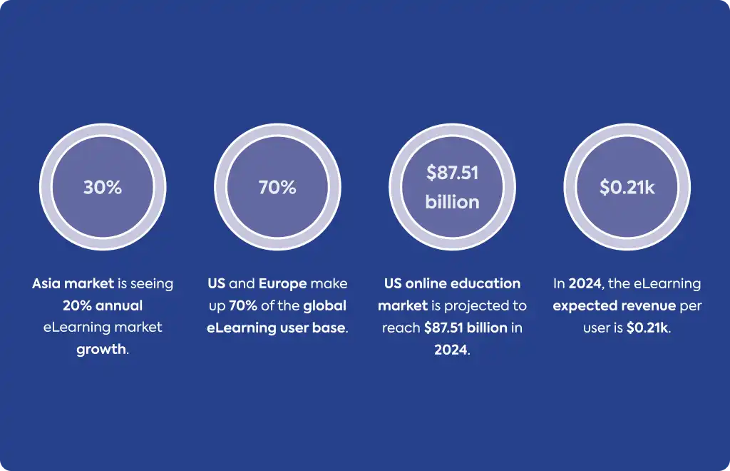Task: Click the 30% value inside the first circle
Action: pyautogui.click(x=103, y=187)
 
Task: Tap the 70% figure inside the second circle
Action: pyautogui.click(x=277, y=187)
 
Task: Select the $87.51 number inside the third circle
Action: pyautogui.click(x=452, y=173)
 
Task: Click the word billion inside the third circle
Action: pyautogui.click(x=452, y=202)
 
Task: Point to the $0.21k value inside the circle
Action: pyautogui.click(x=627, y=187)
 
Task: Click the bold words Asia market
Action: pyautogui.click(x=73, y=283)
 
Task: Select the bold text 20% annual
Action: pyautogui.click(x=103, y=305)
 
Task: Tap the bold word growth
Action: pyautogui.click(x=101, y=350)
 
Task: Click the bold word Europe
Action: pyautogui.click(x=282, y=283)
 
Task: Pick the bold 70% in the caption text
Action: pyautogui.click(x=243, y=305)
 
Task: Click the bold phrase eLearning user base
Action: pyautogui.click(x=276, y=328)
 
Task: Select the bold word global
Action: pyautogui.click(x=324, y=305)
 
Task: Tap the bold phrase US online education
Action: pyautogui.click(x=452, y=283)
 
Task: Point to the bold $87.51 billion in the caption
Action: pyautogui.click(x=466, y=328)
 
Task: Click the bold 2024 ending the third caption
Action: pyautogui.click(x=451, y=350)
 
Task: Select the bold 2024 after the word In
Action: pyautogui.click(x=585, y=283)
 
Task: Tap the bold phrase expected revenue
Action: pyautogui.click(x=614, y=306)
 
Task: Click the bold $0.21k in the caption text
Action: pyautogui.click(x=647, y=328)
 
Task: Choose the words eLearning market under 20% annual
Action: pyautogui.click(x=103, y=328)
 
